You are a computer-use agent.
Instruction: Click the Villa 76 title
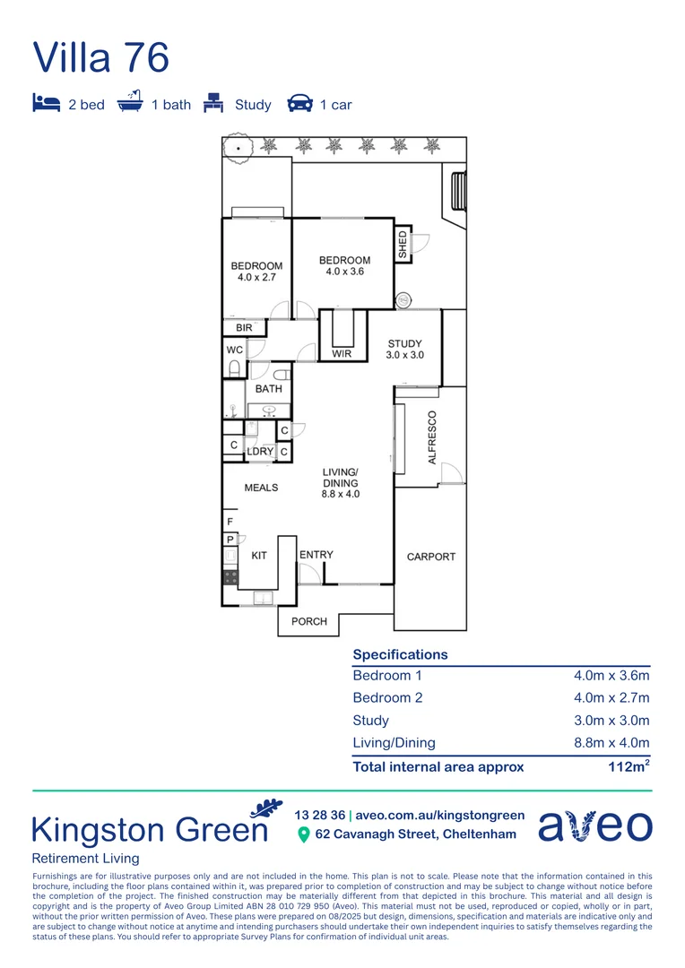pos(100,56)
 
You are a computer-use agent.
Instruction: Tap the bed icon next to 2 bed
pos(46,104)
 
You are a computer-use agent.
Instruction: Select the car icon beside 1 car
pos(299,104)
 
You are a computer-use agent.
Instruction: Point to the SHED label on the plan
pos(403,245)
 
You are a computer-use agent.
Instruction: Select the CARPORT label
pos(431,557)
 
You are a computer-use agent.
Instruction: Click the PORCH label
pos(309,621)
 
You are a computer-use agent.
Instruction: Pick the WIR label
pos(342,354)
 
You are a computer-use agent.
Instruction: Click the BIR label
pos(244,329)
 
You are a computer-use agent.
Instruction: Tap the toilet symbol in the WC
pos(234,367)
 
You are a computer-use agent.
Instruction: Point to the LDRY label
pos(260,452)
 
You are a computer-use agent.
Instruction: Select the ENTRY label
pos(316,555)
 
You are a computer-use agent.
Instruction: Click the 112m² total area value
pos(629,766)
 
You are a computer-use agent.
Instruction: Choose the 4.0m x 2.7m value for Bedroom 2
pos(611,698)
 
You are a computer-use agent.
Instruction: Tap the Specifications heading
pos(400,654)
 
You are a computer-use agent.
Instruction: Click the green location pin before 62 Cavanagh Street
pos(304,835)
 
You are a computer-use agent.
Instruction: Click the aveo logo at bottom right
pos(594,825)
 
